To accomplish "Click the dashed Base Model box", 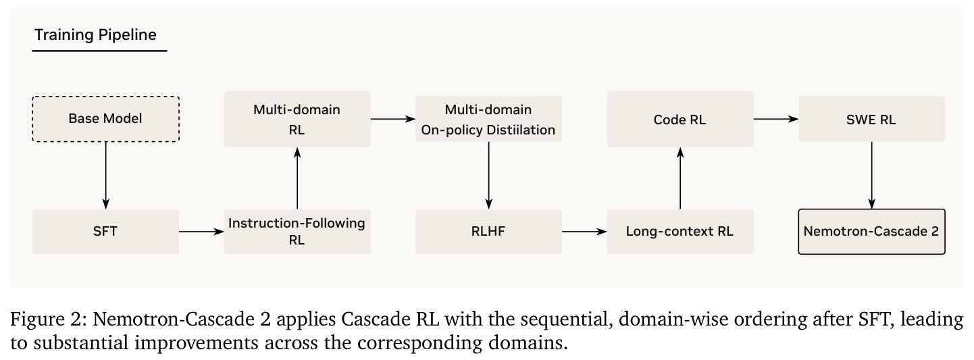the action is tap(105, 119).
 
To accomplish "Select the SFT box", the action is tap(105, 231).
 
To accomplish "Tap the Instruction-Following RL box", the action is tap(297, 231).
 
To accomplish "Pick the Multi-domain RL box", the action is tap(297, 119).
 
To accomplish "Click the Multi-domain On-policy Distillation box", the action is tap(488, 119).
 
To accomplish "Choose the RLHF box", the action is tap(488, 231).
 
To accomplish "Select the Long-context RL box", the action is tap(680, 231).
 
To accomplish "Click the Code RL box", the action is tap(680, 119).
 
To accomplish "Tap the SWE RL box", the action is tap(871, 119).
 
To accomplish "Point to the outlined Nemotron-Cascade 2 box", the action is tap(871, 231).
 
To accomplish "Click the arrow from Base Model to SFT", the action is tap(105, 175).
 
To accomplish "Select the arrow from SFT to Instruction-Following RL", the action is tap(201, 232).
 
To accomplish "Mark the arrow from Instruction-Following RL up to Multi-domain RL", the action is tap(297, 178).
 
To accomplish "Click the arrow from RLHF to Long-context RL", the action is tap(584, 232).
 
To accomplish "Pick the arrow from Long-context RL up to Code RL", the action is tap(680, 178).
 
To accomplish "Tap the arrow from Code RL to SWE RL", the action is tap(775, 119).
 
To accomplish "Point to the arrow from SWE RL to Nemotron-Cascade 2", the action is tap(872, 175).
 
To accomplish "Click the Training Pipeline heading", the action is tap(95, 34).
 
